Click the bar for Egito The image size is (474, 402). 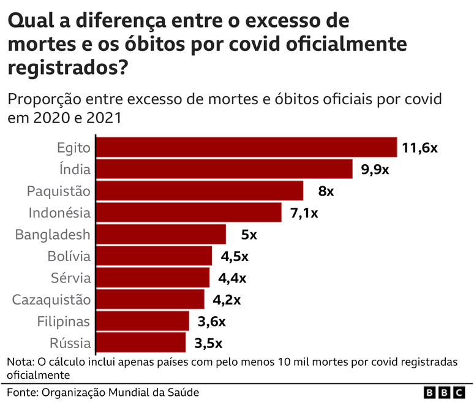point(247,147)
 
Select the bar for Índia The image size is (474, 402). point(225,169)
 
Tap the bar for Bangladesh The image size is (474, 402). point(161,234)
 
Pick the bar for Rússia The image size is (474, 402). point(141,343)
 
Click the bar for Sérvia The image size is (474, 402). point(153,278)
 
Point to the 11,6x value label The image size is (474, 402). point(420,148)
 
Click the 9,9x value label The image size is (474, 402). point(375,170)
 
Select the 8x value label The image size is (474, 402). point(326,191)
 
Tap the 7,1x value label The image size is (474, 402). point(304,213)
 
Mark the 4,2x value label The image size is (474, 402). point(227,300)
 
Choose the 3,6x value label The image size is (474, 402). point(211,322)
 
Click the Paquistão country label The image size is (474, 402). point(59,191)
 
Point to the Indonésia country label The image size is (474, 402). point(59,213)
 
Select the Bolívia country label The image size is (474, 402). point(69,256)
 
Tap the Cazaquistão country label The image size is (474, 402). point(51,300)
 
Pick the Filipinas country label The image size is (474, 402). point(64,322)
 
